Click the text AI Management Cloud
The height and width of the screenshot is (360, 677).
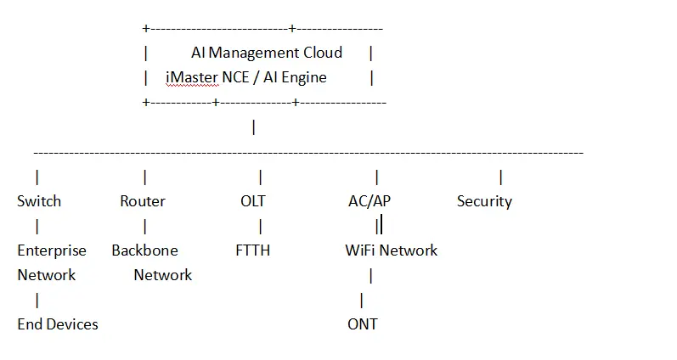click(266, 53)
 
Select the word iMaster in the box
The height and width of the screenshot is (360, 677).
click(192, 77)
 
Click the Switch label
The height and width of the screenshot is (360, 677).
click(39, 201)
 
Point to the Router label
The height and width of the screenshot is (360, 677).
click(143, 201)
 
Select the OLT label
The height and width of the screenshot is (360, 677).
click(252, 201)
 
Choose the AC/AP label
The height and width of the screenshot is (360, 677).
click(370, 201)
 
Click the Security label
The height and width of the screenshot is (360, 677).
click(484, 201)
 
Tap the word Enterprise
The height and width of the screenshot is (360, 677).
click(52, 250)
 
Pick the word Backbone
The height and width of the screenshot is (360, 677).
click(145, 250)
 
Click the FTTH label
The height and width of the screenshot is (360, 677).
click(252, 250)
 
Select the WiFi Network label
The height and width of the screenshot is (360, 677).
click(391, 250)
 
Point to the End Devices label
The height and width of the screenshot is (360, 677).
click(58, 324)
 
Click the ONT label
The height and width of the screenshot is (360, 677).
click(363, 324)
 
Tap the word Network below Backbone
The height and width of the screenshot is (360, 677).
click(163, 275)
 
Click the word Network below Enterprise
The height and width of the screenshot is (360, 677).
click(47, 275)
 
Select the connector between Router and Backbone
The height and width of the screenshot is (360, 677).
click(145, 226)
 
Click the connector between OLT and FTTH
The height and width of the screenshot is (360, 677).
click(260, 226)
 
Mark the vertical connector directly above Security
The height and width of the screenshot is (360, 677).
click(500, 177)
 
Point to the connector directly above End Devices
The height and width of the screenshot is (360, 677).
click(37, 300)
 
